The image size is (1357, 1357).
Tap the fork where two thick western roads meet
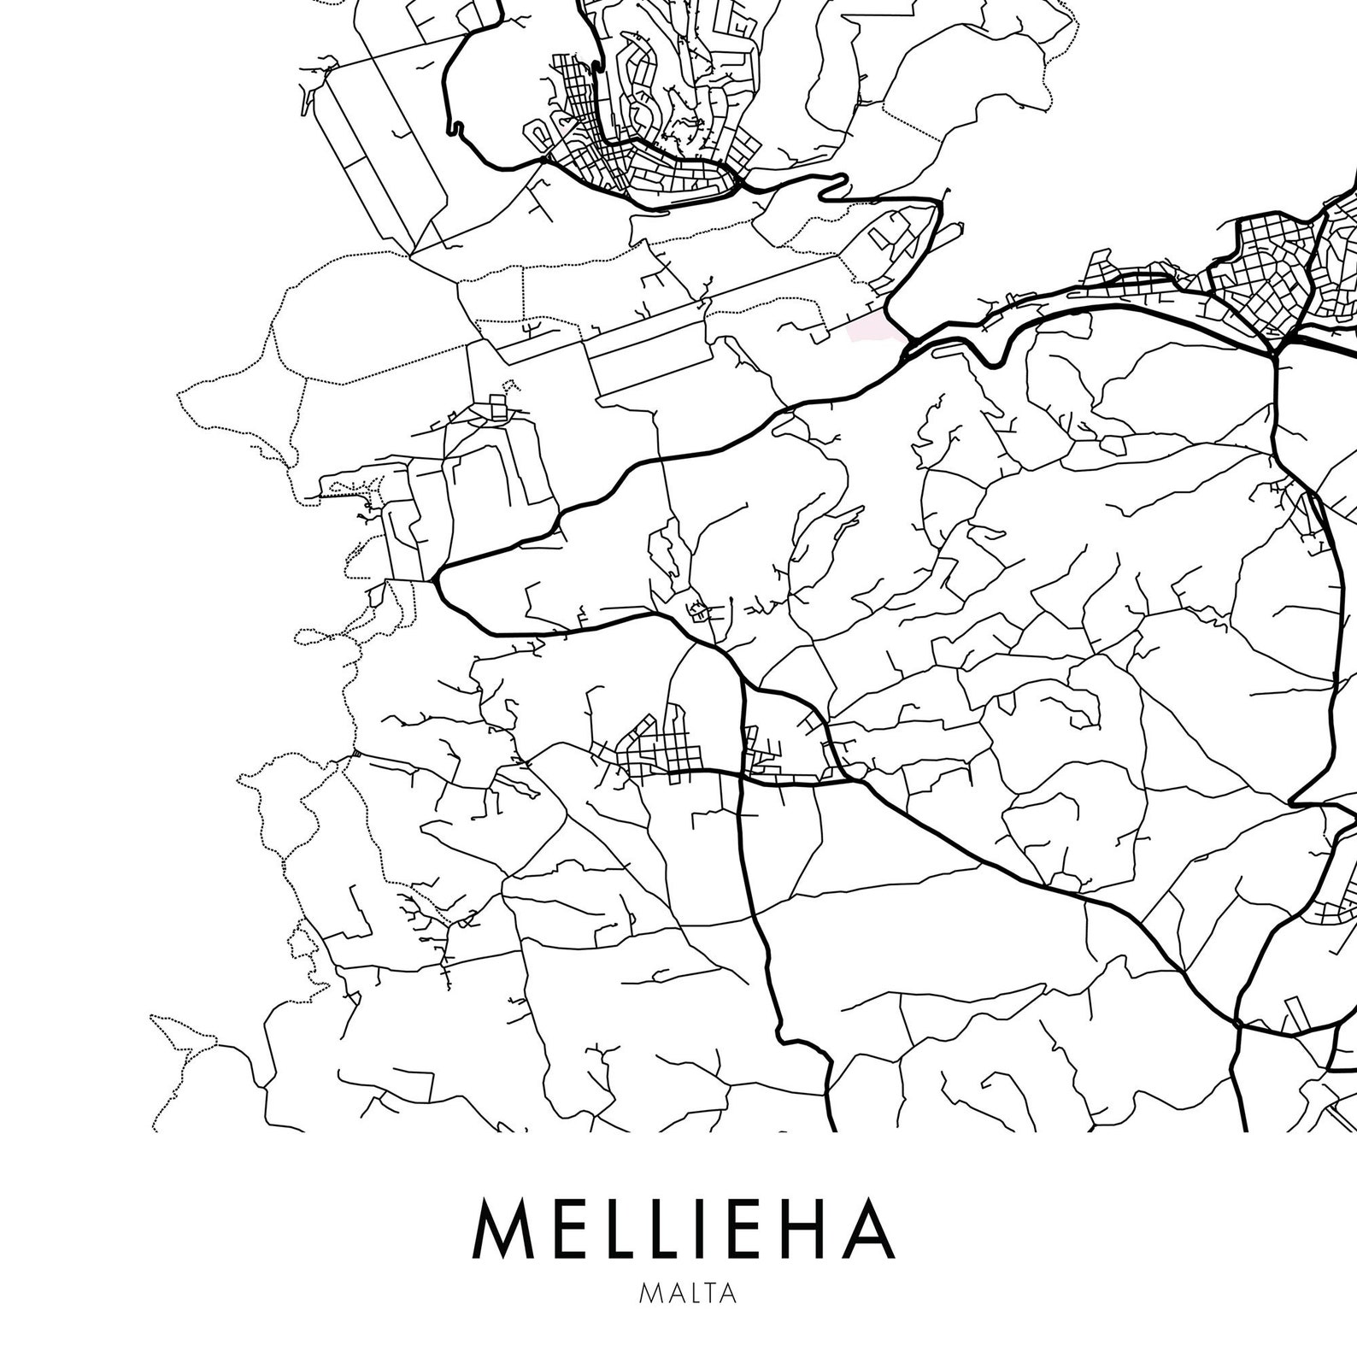coord(436,578)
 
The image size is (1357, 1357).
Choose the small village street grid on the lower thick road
coord(662,752)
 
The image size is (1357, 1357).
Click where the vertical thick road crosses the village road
coord(742,776)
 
